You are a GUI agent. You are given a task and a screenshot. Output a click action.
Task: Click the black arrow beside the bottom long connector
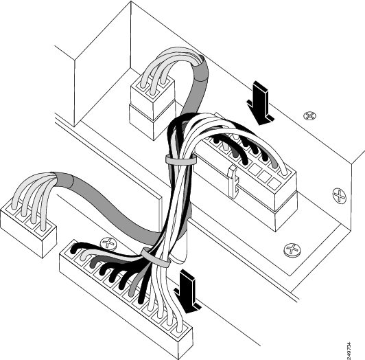click(187, 291)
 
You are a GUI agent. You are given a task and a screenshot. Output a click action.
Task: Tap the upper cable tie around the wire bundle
click(180, 159)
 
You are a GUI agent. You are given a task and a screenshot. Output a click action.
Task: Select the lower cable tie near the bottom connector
click(156, 258)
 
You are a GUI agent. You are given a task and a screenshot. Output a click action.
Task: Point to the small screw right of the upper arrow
click(309, 115)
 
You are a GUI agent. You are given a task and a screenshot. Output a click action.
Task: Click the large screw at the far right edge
click(340, 196)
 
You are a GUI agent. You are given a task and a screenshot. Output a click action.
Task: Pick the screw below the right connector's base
click(292, 250)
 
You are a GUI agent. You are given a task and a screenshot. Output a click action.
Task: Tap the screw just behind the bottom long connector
click(108, 244)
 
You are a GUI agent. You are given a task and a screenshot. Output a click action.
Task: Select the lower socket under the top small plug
click(152, 120)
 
